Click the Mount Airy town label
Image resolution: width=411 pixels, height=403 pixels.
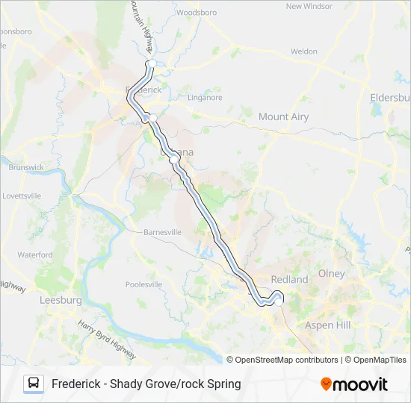point(283,116)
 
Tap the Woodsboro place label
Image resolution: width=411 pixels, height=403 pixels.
point(197,13)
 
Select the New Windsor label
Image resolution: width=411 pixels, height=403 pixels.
point(308,6)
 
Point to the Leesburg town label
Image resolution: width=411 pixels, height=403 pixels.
point(60,300)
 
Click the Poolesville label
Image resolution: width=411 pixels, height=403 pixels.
point(143,284)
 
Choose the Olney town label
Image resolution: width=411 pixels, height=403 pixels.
point(332,273)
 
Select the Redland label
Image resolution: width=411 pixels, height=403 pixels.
point(289,279)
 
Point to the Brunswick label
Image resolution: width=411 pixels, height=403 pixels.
point(26,167)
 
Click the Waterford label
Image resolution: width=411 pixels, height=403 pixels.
point(35,254)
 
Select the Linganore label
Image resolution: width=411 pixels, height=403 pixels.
point(205,97)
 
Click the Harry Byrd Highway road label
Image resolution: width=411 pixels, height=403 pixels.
point(107,337)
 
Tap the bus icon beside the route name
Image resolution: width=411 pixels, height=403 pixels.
point(34,384)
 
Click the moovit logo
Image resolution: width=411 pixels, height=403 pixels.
point(354,384)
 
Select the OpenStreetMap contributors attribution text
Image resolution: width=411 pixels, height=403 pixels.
point(282,360)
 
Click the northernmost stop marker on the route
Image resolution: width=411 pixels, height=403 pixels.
point(150,64)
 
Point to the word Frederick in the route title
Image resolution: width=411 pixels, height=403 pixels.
point(78,384)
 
